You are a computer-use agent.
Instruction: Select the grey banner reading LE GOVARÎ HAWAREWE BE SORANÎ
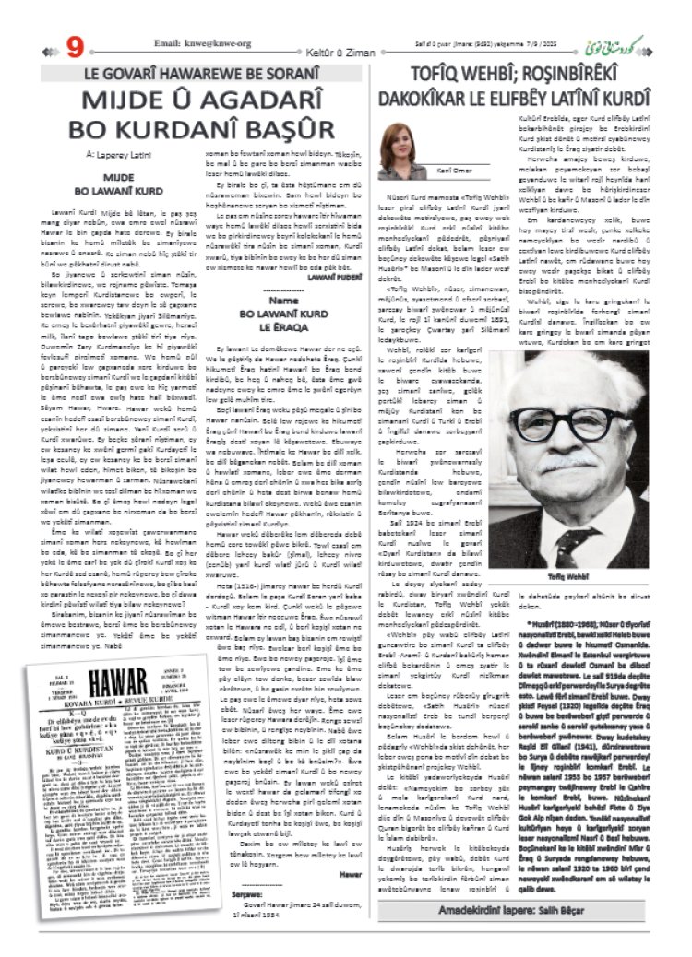pos(208,71)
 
